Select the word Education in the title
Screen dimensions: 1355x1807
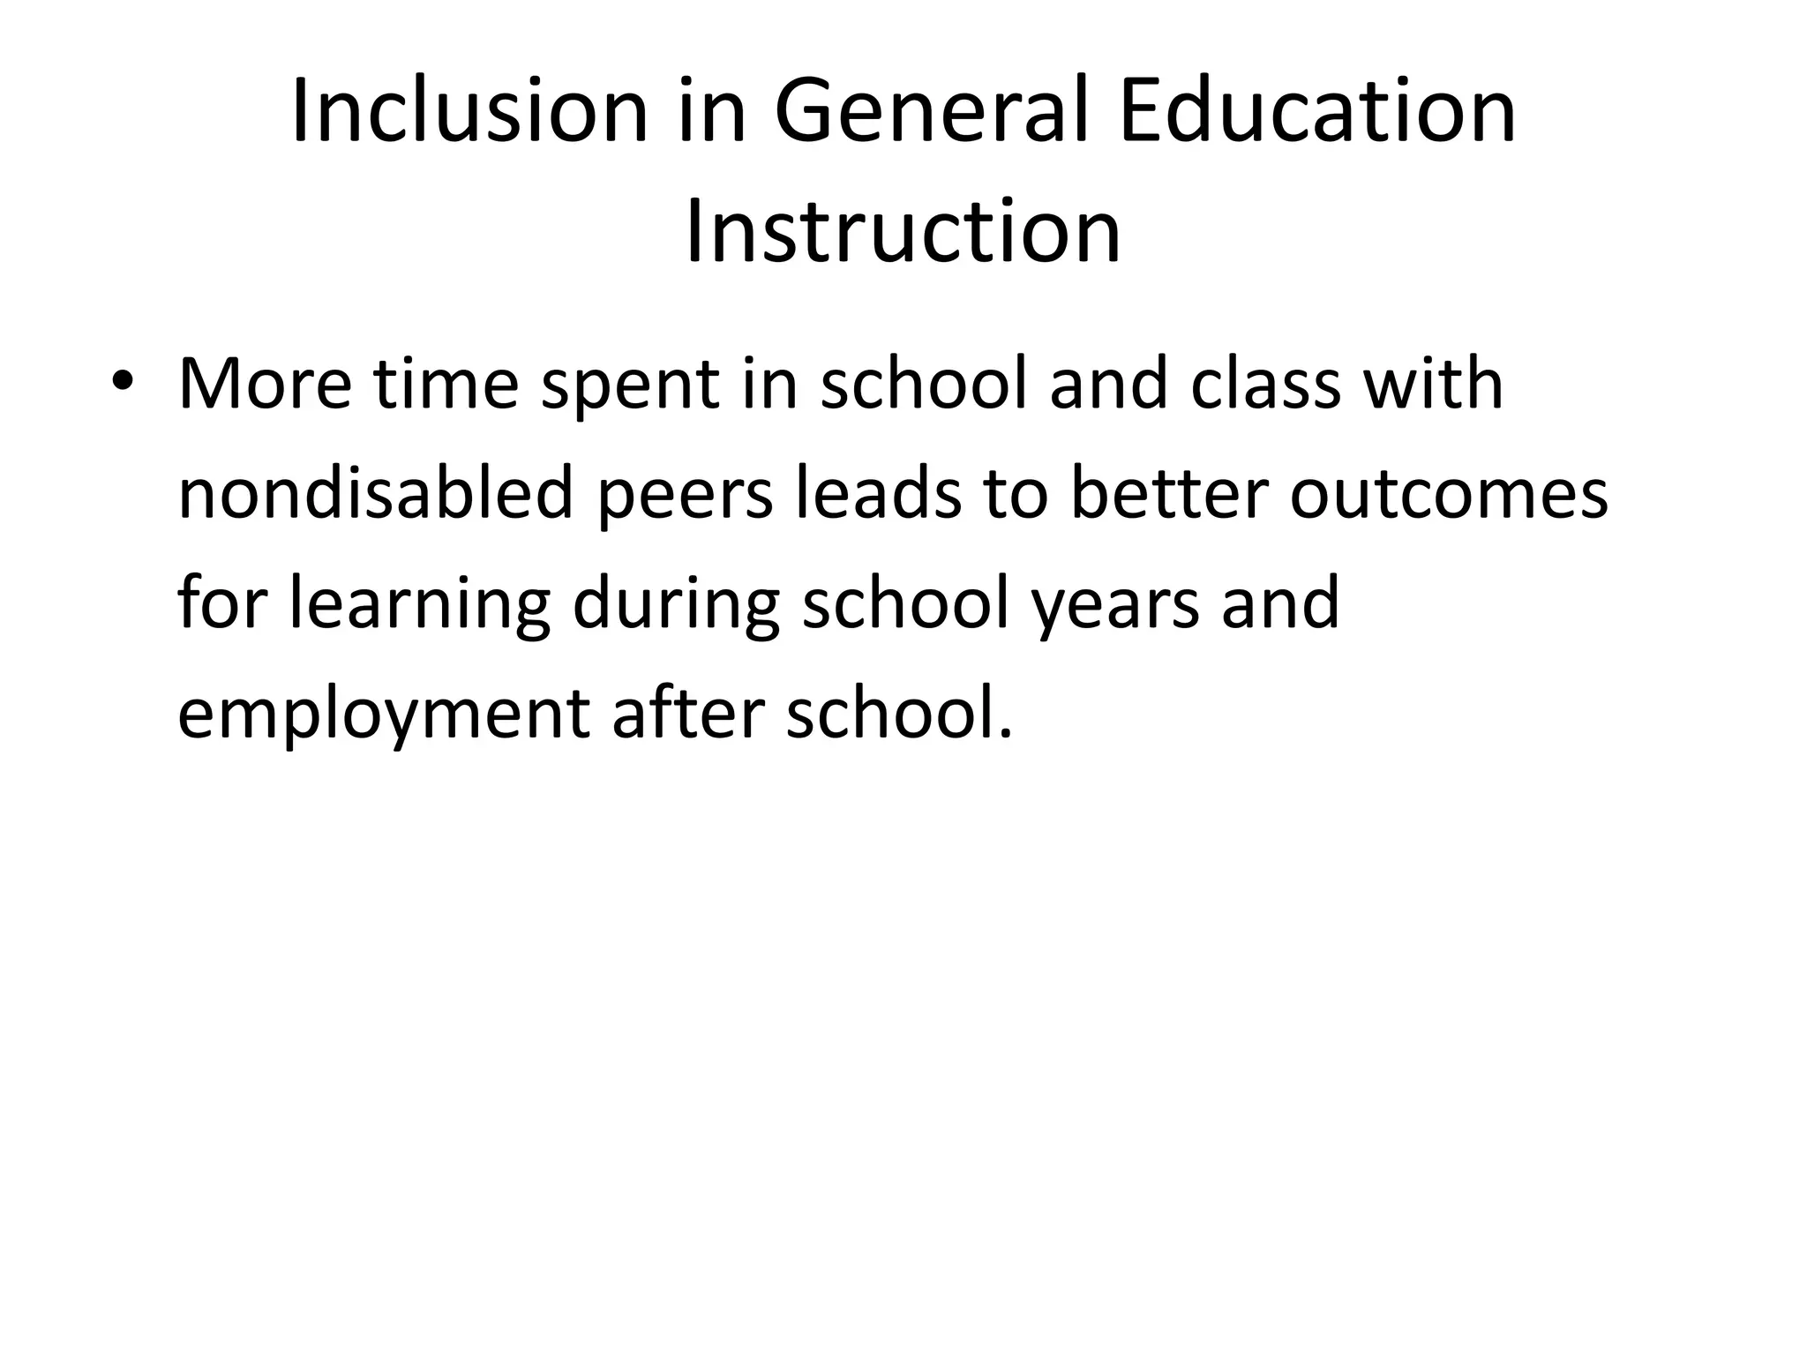click(x=1318, y=113)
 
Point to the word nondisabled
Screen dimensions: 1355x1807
click(x=376, y=494)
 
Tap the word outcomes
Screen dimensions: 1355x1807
click(x=1449, y=496)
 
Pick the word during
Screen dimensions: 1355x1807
click(x=676, y=605)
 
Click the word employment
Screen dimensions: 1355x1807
click(x=383, y=715)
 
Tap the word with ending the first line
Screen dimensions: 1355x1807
click(x=1433, y=385)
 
